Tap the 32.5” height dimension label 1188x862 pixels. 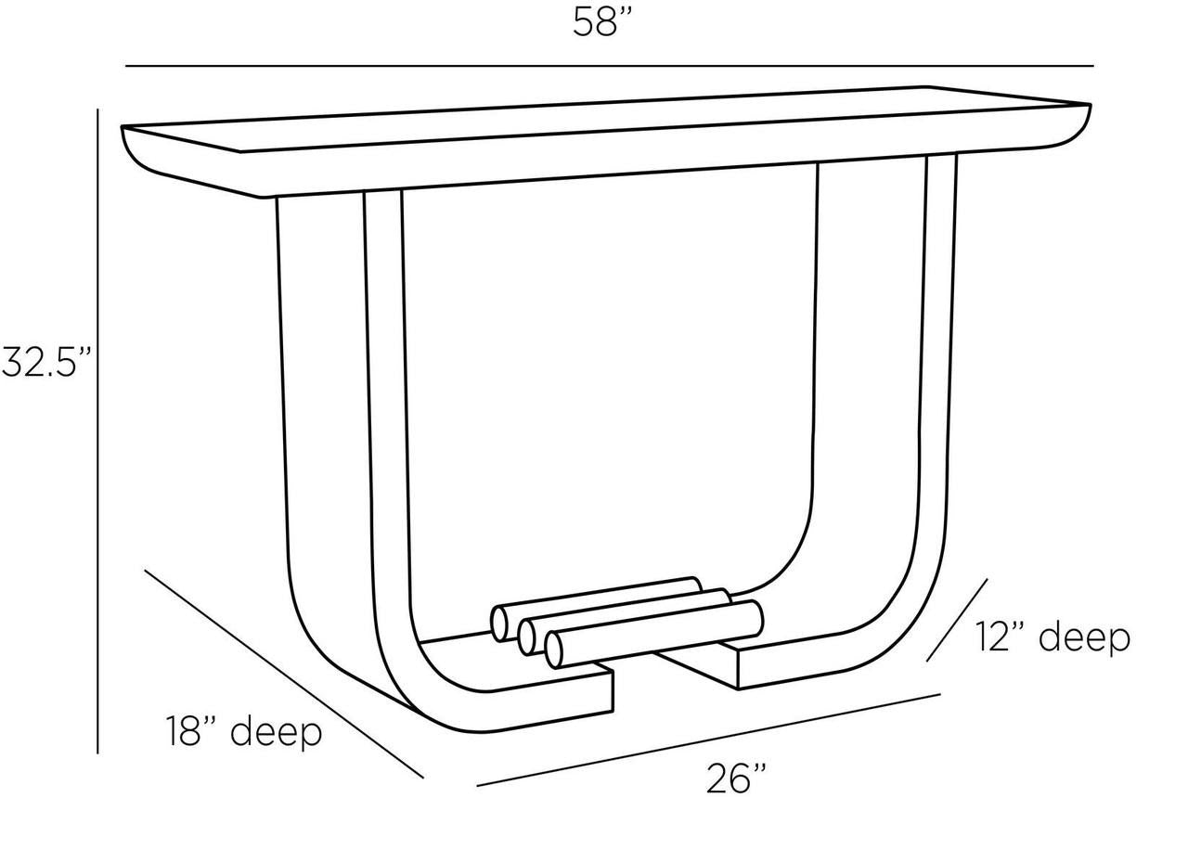click(46, 361)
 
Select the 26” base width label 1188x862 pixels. click(736, 778)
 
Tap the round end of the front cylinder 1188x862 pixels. click(554, 650)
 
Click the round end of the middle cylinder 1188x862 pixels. click(526, 637)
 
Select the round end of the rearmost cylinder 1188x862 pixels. click(499, 624)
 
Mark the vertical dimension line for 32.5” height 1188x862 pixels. click(97, 431)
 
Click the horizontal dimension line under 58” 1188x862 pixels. click(610, 66)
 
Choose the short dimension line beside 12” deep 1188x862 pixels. click(957, 620)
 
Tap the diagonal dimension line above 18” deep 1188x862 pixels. click(284, 675)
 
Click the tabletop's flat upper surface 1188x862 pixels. click(604, 120)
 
